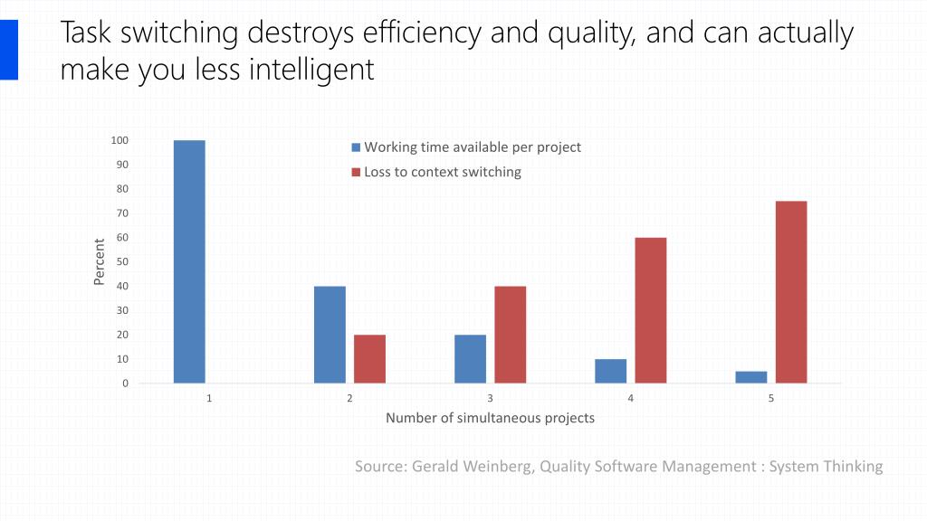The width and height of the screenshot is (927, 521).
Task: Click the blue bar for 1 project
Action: click(189, 261)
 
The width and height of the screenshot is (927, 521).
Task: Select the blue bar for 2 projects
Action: click(330, 335)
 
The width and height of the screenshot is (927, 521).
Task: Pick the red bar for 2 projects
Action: click(369, 359)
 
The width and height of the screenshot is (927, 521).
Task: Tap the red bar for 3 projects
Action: click(510, 335)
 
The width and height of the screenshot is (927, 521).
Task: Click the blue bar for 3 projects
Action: click(470, 359)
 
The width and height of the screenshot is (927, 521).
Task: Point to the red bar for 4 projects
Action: click(650, 310)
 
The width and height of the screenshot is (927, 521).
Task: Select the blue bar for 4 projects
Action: click(610, 371)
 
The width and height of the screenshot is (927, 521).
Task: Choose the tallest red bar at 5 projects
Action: click(790, 292)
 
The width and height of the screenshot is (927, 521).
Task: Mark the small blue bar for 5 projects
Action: click(750, 377)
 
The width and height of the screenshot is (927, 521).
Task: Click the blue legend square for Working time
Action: click(356, 147)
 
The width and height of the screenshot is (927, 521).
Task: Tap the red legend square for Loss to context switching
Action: click(356, 173)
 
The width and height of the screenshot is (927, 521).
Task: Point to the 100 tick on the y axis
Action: click(119, 140)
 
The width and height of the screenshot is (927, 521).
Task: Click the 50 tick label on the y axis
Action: click(121, 261)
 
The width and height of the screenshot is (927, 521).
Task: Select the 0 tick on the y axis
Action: click(124, 384)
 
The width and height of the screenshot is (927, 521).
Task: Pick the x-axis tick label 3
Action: click(490, 399)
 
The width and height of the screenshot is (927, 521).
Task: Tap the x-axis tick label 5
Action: click(770, 399)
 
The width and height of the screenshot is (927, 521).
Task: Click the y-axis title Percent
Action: click(100, 261)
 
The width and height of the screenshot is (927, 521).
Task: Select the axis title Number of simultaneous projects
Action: click(490, 418)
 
